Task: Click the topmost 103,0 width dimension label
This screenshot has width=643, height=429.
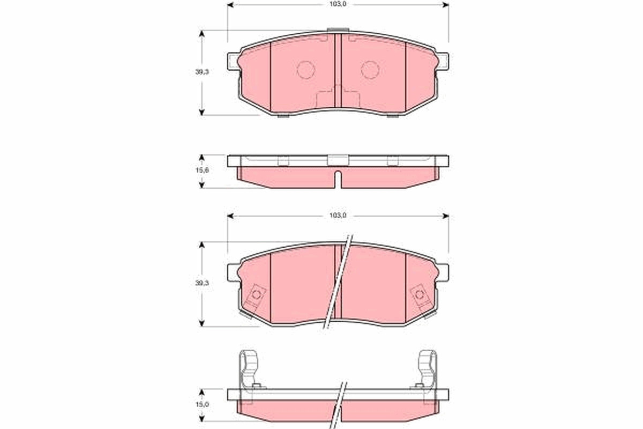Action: (338, 5)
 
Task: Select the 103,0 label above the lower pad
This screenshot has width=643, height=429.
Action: (338, 216)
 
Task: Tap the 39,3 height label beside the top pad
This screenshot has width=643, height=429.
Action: (202, 72)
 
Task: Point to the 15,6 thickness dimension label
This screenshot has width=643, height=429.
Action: (202, 170)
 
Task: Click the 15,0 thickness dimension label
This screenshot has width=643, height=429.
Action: (202, 404)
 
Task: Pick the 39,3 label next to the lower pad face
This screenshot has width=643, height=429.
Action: (202, 283)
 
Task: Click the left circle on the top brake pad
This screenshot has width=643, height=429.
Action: (306, 70)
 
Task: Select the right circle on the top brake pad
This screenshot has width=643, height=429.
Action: (370, 70)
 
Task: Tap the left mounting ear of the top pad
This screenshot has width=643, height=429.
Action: (233, 61)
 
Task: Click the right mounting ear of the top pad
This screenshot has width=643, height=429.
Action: (443, 61)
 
